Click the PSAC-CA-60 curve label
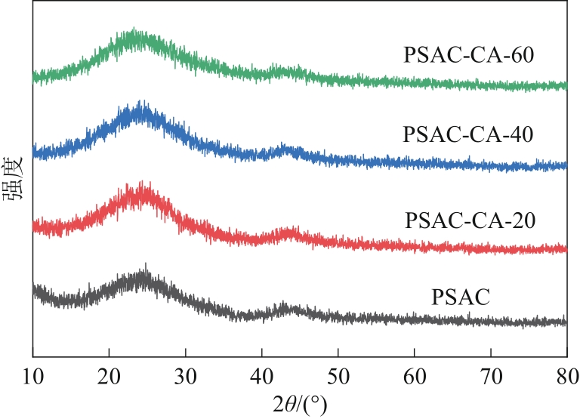(469, 56)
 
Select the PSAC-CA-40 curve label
(468, 135)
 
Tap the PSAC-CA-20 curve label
(470, 221)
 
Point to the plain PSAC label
(461, 297)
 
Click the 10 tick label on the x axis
(32, 373)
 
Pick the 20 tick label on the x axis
(109, 373)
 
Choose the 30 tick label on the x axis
(185, 373)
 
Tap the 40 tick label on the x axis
(261, 373)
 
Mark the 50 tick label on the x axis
(338, 373)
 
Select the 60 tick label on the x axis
(414, 373)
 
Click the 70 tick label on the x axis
(490, 373)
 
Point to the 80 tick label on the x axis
(566, 373)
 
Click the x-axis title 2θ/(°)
(299, 402)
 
